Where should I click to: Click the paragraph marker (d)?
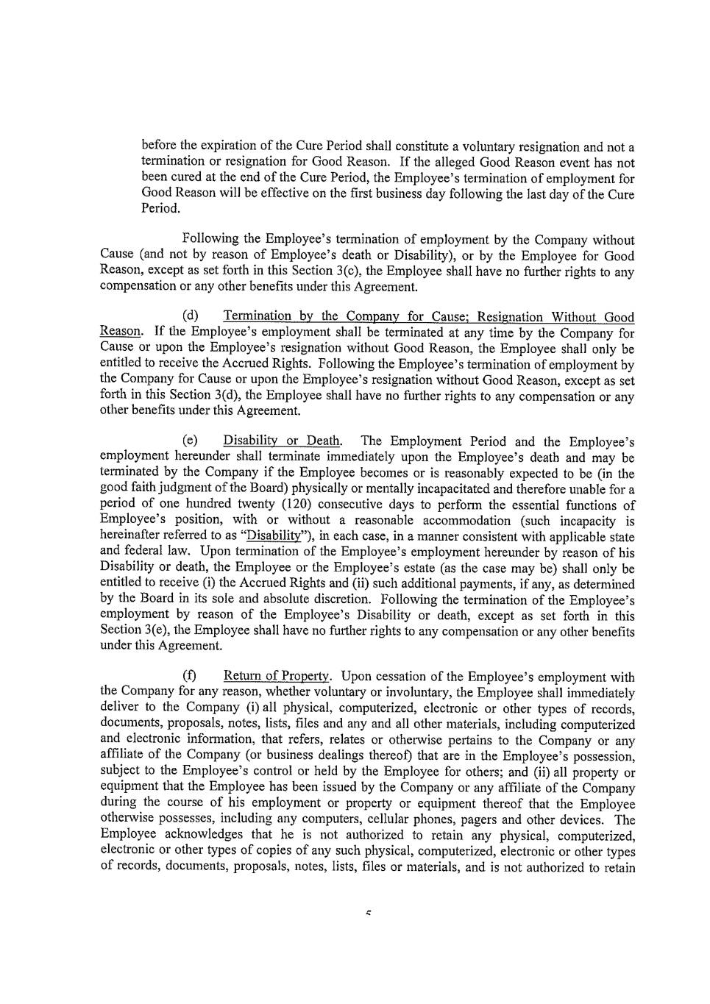191,316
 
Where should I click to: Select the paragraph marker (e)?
191,441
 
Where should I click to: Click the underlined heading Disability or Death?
283,441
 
